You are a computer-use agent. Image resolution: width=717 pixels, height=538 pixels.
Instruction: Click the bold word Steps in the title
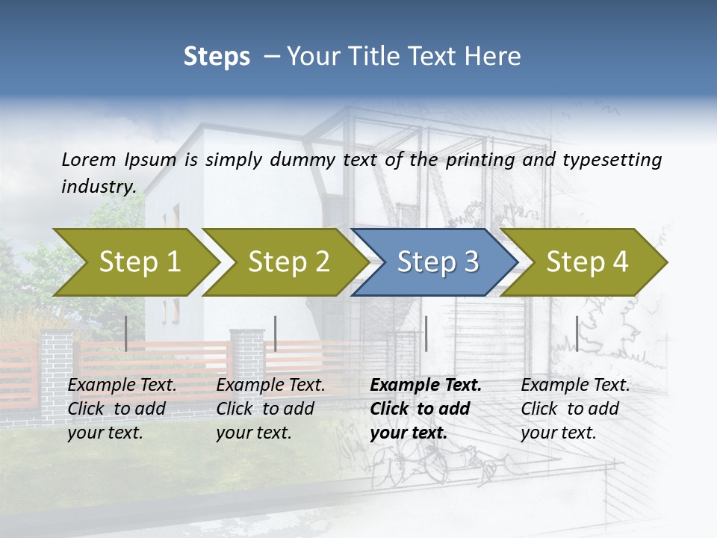tap(217, 57)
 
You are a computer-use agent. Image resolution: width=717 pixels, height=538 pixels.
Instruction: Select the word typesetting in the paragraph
tap(608, 159)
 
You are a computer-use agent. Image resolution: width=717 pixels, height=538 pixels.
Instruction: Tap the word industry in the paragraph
tap(99, 186)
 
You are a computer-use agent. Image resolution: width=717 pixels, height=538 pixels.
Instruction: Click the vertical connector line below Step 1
tap(126, 333)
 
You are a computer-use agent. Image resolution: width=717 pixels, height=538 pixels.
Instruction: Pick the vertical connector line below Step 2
tap(276, 333)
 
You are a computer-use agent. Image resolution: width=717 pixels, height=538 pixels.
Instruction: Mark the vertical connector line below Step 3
tap(426, 333)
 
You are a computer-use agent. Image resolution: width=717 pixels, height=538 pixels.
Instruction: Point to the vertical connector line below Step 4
tap(577, 333)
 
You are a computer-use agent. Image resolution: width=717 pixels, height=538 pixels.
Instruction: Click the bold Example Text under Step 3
tap(426, 386)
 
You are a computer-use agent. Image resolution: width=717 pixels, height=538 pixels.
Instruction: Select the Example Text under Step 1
tap(122, 386)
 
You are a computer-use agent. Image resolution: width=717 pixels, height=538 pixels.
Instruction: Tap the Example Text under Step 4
tap(575, 386)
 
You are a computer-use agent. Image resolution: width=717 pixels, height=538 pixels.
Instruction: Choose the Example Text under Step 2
tap(270, 386)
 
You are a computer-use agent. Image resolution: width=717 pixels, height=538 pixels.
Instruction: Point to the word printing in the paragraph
tap(475, 159)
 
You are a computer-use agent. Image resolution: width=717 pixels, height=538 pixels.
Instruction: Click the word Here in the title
tap(497, 57)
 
